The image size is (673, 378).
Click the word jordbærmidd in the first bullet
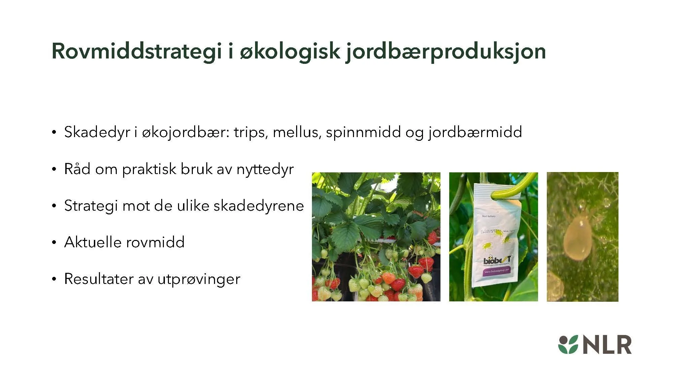click(x=475, y=132)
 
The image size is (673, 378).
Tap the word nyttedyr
click(x=265, y=169)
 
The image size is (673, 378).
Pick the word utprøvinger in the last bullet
click(x=199, y=279)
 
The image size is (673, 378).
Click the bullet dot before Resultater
click(x=54, y=279)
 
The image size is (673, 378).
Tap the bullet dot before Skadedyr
click(x=54, y=132)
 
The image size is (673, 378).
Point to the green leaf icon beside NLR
click(x=568, y=345)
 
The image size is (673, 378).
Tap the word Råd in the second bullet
click(x=77, y=169)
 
